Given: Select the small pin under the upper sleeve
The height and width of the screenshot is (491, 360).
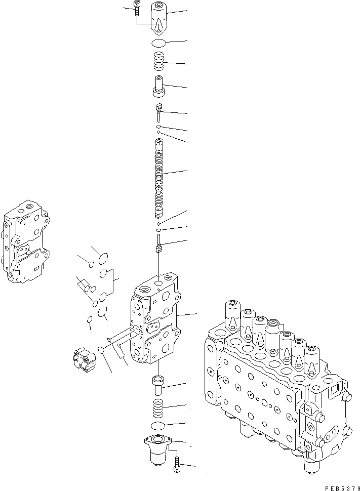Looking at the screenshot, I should (x=159, y=111).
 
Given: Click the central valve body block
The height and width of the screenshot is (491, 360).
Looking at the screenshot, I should (x=154, y=324).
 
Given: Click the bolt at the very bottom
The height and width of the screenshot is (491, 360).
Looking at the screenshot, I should (x=177, y=465).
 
